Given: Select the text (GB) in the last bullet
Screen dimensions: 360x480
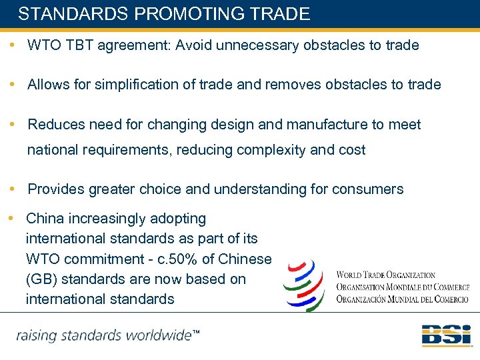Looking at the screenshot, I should [x=40, y=279].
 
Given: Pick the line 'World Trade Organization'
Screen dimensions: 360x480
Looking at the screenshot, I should [x=386, y=275].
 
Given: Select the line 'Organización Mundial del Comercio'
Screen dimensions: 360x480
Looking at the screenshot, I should [x=403, y=299].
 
